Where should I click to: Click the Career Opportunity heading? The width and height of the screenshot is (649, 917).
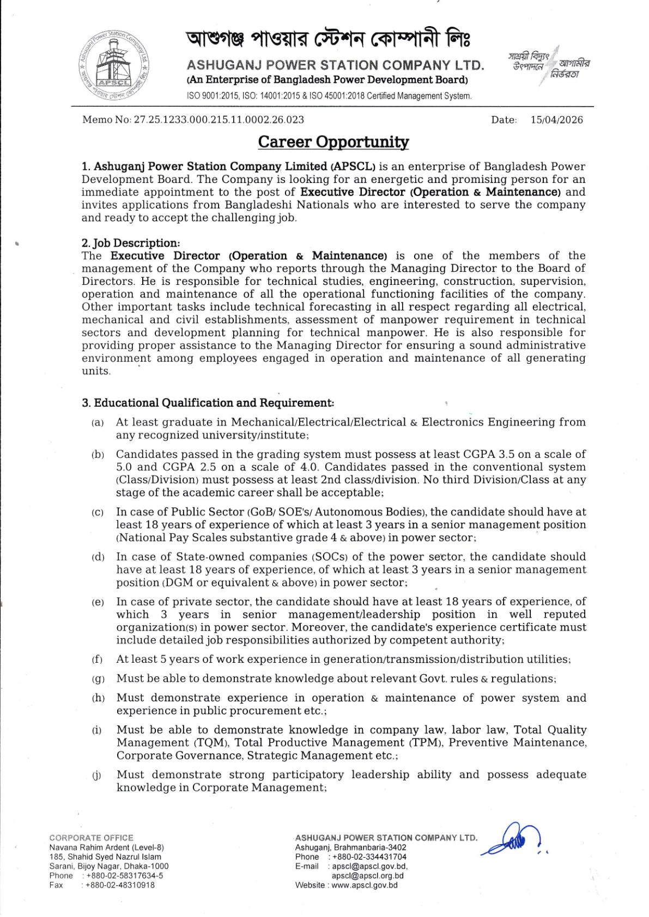[333, 142]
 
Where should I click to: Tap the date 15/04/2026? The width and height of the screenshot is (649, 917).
[556, 120]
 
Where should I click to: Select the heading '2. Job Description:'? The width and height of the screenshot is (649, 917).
[131, 243]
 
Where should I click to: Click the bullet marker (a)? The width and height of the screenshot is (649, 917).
[98, 423]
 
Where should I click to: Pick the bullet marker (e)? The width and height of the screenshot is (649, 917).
[98, 602]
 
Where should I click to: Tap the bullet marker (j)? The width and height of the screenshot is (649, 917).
[98, 775]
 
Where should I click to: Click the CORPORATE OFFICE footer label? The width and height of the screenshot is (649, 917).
[91, 838]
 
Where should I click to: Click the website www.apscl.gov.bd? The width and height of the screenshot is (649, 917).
[365, 885]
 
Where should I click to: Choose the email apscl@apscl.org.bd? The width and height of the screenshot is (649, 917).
[368, 876]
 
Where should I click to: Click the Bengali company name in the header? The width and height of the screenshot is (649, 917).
[328, 40]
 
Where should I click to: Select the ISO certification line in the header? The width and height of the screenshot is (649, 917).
[329, 96]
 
